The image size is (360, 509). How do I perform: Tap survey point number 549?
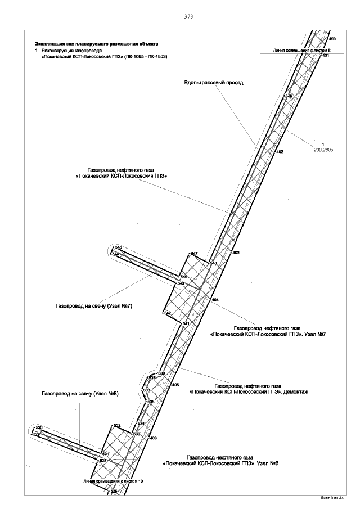click(289, 97)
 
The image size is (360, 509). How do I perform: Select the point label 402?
click(280, 152)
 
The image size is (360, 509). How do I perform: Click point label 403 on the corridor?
click(236, 253)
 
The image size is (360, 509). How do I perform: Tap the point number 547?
click(194, 254)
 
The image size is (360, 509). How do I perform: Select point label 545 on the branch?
click(118, 247)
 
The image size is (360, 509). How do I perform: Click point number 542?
click(167, 313)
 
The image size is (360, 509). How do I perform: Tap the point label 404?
click(214, 300)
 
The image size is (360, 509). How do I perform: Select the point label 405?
click(175, 385)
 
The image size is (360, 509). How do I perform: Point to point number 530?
click(39, 427)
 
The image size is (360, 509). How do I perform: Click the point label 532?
click(117, 425)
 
